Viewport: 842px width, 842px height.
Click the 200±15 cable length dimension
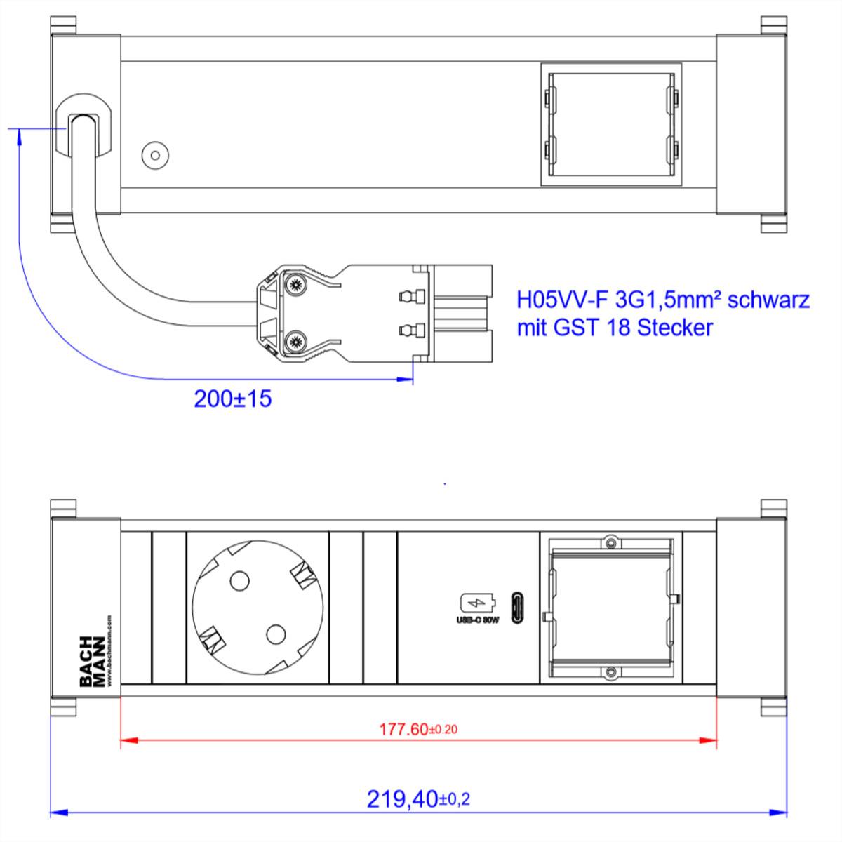click(x=232, y=399)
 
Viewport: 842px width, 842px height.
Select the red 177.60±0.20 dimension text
click(x=418, y=729)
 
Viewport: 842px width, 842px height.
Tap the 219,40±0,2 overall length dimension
click(x=418, y=798)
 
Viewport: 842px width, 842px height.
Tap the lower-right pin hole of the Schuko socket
click(x=276, y=634)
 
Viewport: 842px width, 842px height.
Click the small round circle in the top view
click(x=154, y=155)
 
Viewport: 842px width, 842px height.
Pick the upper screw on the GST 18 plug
click(x=295, y=285)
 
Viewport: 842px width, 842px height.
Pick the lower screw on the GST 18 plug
click(x=295, y=342)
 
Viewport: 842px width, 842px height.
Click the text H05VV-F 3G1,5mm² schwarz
click(x=663, y=300)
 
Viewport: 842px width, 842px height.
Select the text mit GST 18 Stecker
click(x=615, y=327)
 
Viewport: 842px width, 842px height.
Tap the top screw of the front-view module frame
click(x=611, y=542)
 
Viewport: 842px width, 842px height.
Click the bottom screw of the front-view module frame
click(x=611, y=673)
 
